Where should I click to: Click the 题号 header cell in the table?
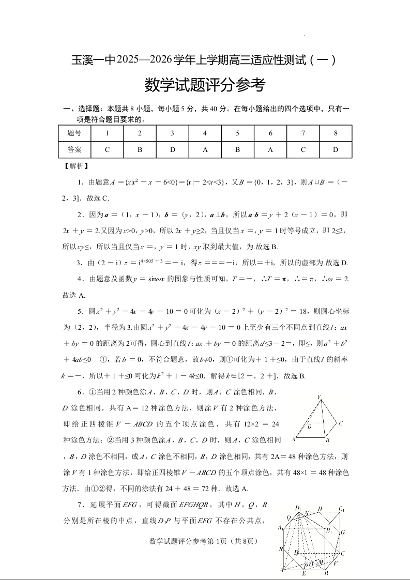[x=74, y=133]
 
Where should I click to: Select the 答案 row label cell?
[x=74, y=150]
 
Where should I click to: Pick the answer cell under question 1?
[x=107, y=150]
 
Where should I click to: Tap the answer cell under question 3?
[x=172, y=150]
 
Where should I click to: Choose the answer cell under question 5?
[x=237, y=150]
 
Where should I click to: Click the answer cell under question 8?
[x=335, y=150]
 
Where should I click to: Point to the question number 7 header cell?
[x=303, y=133]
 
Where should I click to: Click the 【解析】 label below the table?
[x=75, y=166]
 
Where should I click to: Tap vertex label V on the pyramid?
[x=319, y=397]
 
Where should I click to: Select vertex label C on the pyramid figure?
[x=341, y=423]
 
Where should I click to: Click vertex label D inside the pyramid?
[x=310, y=427]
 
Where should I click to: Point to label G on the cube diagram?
[x=343, y=532]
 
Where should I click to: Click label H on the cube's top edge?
[x=321, y=509]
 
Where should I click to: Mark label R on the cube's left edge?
[x=281, y=549]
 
